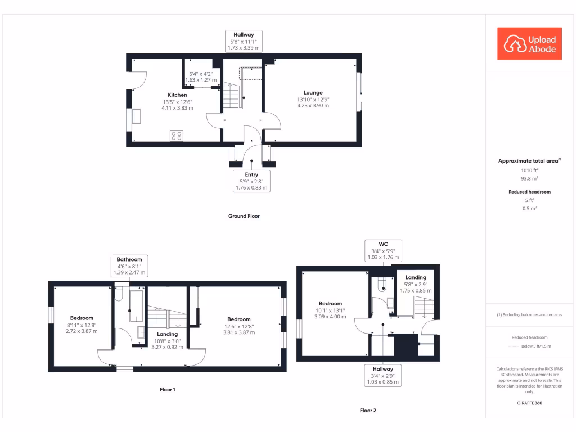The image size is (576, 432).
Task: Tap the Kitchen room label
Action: (178, 94)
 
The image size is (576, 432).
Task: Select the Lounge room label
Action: (313, 92)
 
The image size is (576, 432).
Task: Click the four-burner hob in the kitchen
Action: (177, 135)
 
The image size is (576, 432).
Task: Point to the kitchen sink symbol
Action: (136, 116)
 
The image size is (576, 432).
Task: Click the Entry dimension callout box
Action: (251, 182)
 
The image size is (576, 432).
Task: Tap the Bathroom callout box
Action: (129, 265)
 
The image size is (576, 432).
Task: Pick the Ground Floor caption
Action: (244, 216)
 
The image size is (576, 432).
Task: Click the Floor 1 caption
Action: (168, 389)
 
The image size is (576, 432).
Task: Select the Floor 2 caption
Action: (368, 411)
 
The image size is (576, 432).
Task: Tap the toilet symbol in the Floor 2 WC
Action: (382, 285)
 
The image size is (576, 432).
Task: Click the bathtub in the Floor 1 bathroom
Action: (137, 306)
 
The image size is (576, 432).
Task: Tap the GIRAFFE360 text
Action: (529, 403)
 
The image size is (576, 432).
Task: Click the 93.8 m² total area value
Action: (529, 178)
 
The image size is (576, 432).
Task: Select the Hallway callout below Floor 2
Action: (382, 375)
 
